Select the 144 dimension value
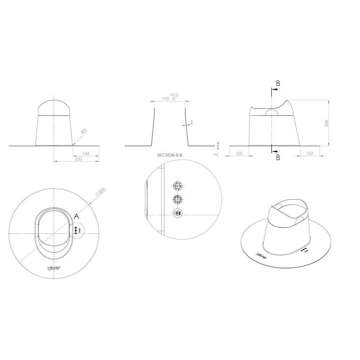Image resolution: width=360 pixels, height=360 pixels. pyautogui.click(x=86, y=154)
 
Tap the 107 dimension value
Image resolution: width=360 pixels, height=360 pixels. pyautogui.click(x=309, y=154)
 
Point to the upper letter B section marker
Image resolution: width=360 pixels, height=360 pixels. pyautogui.click(x=278, y=84)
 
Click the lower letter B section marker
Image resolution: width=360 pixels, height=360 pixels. pyautogui.click(x=278, y=157)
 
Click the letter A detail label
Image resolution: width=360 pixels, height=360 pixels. pyautogui.click(x=76, y=216)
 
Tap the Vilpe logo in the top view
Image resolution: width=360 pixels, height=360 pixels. pyautogui.click(x=54, y=268)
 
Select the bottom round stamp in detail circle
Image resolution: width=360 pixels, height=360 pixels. pyautogui.click(x=178, y=213)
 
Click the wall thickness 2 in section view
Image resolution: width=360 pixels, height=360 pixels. pyautogui.click(x=192, y=122)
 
